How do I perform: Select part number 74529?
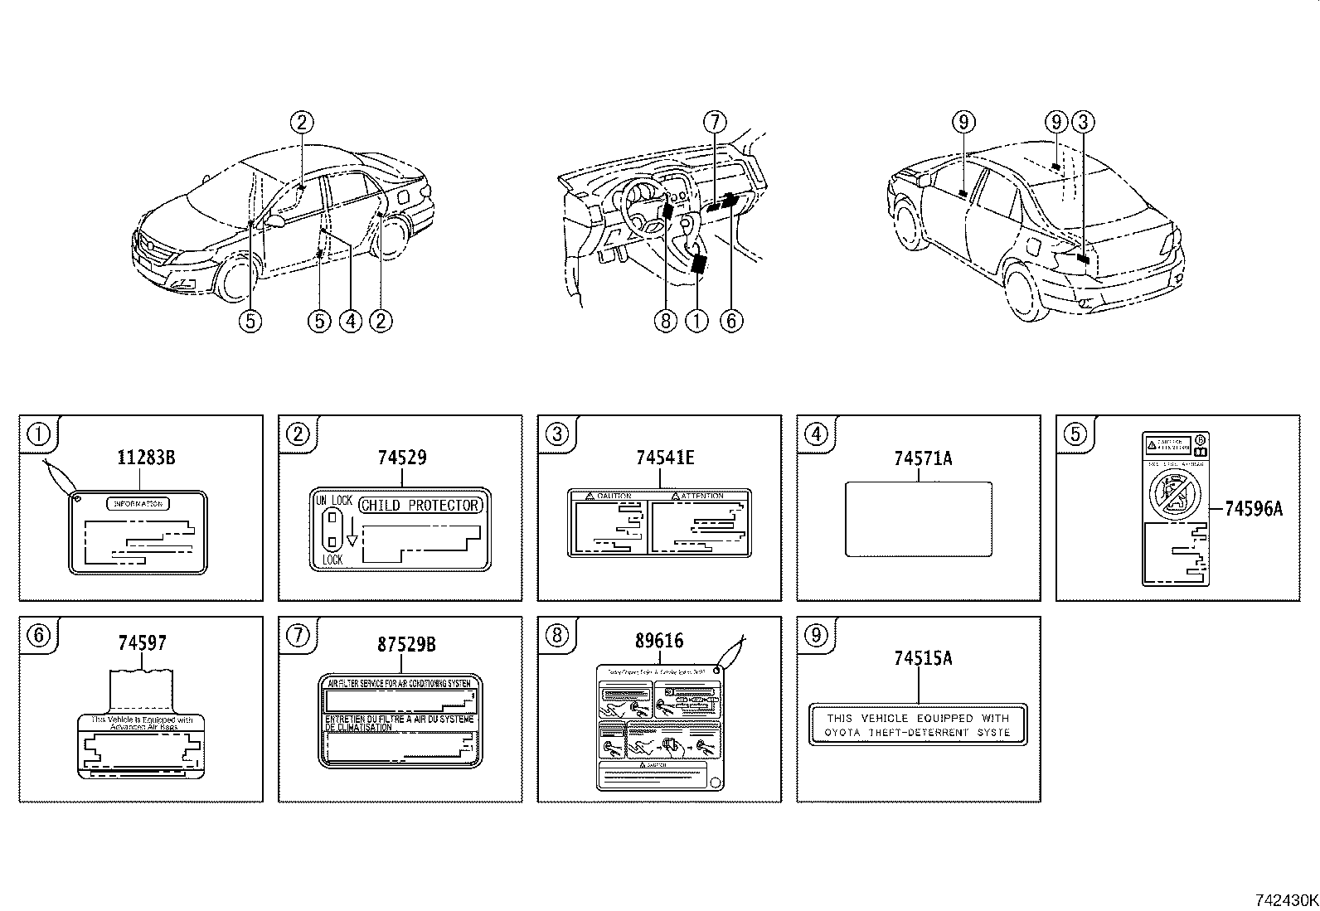(402, 458)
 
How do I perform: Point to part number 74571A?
(923, 458)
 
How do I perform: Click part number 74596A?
(1253, 509)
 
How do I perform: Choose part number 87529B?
(406, 644)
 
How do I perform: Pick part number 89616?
(659, 642)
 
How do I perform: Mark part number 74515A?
(923, 658)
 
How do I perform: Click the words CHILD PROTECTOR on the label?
(420, 506)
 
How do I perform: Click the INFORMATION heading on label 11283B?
(138, 503)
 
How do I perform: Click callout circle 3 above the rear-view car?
(1083, 123)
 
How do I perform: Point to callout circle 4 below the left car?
(350, 321)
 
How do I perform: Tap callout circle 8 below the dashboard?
(666, 321)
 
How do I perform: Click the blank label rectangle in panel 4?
(918, 519)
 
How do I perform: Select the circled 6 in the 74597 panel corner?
(39, 635)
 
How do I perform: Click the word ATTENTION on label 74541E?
(702, 496)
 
